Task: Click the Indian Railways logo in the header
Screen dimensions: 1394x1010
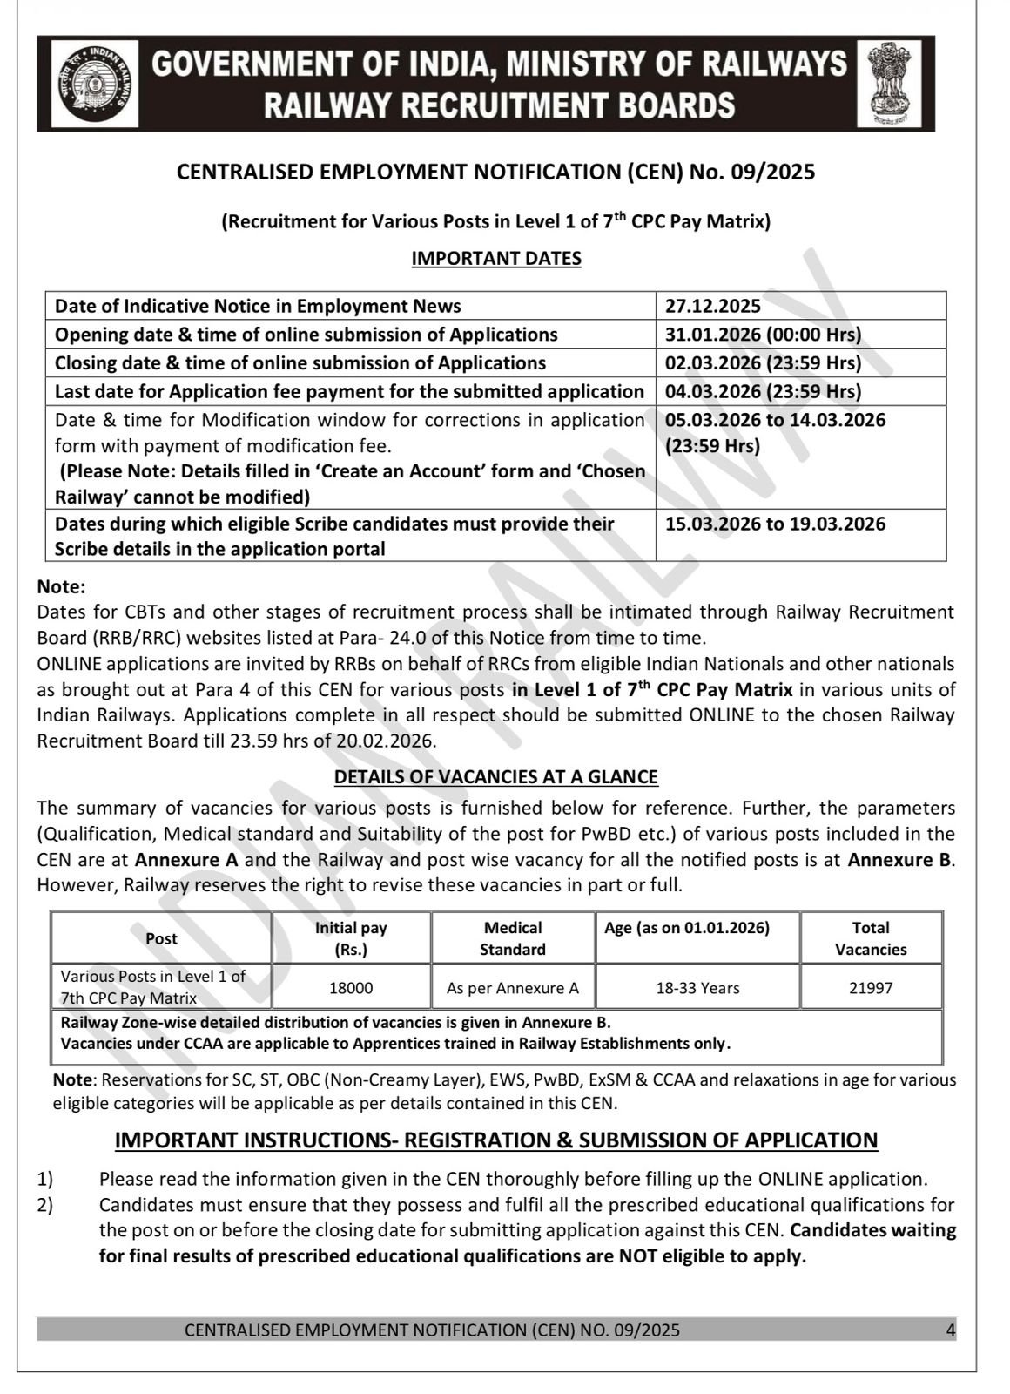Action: [94, 84]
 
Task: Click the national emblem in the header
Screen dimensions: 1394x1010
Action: [889, 84]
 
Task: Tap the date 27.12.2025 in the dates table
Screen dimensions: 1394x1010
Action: [712, 306]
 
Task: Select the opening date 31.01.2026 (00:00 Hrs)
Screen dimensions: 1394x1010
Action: [763, 335]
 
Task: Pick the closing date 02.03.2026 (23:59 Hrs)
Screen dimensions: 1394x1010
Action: [763, 362]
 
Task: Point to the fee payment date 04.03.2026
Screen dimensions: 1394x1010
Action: [763, 391]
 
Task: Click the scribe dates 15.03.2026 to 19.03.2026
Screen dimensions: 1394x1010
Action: [775, 524]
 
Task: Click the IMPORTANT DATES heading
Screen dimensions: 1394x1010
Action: [496, 258]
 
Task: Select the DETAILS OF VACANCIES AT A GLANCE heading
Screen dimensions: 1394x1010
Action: [496, 776]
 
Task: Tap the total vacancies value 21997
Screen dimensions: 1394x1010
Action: [871, 988]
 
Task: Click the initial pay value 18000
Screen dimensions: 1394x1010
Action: [351, 988]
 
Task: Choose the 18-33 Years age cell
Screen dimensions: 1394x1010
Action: [697, 988]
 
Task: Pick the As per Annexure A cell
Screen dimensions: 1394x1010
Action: [512, 988]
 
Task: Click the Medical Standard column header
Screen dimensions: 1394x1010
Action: [512, 938]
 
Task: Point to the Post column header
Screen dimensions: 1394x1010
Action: [161, 938]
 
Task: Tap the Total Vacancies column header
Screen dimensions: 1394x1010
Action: [871, 938]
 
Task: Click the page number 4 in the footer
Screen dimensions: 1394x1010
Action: [951, 1330]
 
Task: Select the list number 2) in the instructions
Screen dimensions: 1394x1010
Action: [45, 1205]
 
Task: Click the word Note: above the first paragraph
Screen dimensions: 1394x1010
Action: [62, 587]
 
